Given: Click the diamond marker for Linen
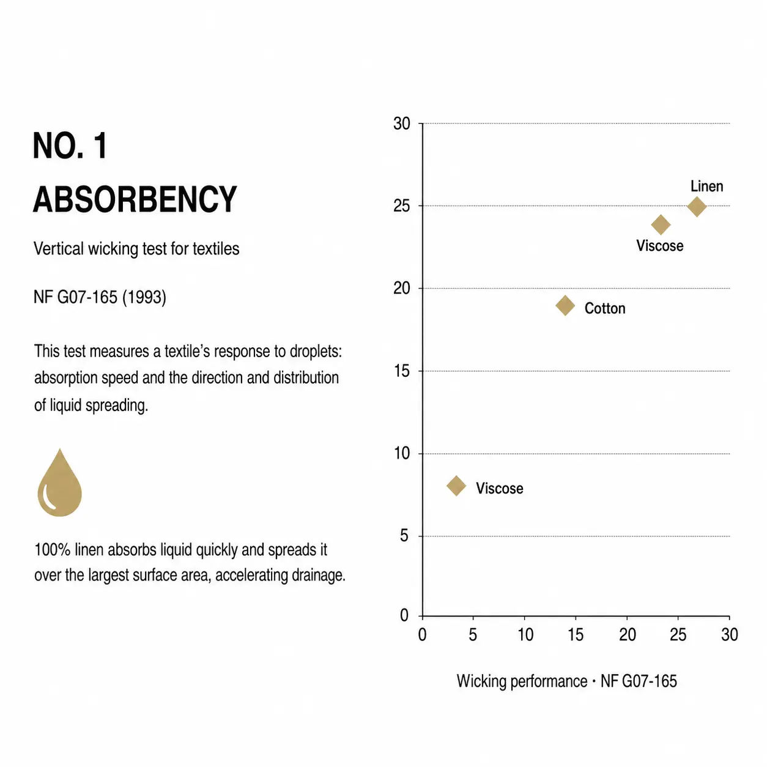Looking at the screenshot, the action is (697, 207).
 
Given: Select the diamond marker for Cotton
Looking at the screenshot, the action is (565, 306).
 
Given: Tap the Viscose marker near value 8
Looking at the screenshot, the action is (456, 486).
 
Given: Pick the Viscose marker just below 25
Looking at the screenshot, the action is (661, 224).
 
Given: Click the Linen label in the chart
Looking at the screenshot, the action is (706, 187).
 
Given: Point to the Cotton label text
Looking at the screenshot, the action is (604, 308).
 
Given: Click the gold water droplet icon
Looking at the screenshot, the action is (60, 482).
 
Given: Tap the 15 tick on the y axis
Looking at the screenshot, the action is (401, 371).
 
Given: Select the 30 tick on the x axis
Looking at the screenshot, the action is (729, 634).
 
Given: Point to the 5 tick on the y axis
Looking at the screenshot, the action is (404, 536).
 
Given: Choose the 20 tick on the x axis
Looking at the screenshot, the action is (628, 634).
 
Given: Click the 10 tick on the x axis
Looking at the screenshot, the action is (525, 634).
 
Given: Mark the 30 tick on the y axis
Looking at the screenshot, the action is (401, 124).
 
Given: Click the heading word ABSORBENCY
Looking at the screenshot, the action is (135, 199).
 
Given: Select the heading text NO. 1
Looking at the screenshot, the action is (70, 146).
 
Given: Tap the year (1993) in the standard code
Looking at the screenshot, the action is (144, 297).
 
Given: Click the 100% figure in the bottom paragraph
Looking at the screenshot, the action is (53, 550).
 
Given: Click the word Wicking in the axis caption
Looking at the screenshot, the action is (481, 681).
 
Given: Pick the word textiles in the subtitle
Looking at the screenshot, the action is (216, 249).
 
